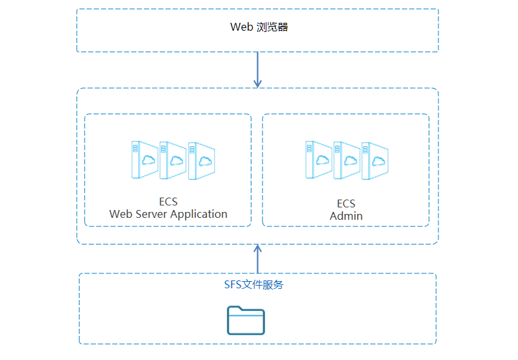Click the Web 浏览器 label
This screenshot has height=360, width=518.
[259, 27]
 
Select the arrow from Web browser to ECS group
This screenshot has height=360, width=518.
[257, 69]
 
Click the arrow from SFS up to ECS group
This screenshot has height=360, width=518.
[257, 260]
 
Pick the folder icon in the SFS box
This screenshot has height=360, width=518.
[246, 320]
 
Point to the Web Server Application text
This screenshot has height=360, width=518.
[168, 214]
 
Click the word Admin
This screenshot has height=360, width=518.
[346, 216]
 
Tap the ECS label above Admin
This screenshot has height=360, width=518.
[346, 203]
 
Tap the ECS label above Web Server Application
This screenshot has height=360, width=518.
[168, 202]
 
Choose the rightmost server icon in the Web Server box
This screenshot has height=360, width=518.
[201, 160]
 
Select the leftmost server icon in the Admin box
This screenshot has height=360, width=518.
[319, 160]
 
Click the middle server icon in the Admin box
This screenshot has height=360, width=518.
[347, 160]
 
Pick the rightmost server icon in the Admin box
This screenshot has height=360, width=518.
[375, 160]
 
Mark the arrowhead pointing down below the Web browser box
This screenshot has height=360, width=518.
[257, 83]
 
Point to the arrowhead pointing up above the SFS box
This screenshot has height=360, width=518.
[257, 249]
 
